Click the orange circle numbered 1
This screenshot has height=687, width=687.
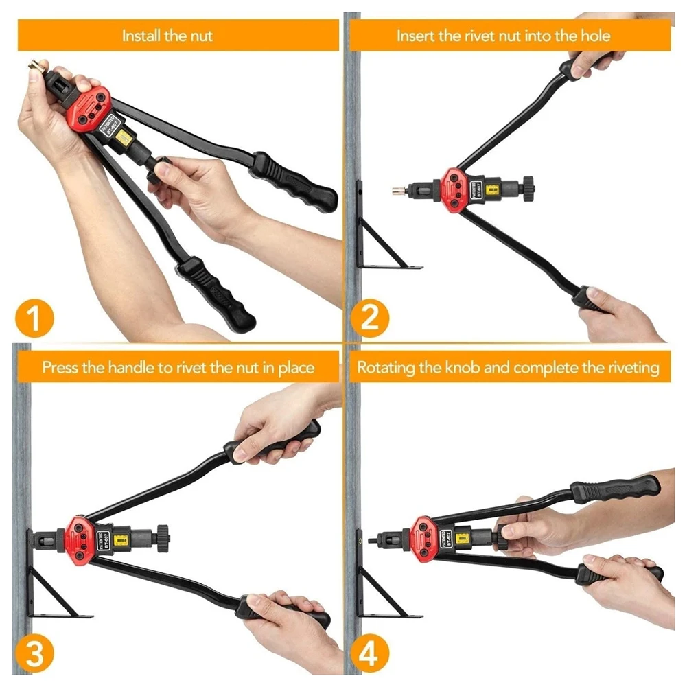pyautogui.click(x=32, y=318)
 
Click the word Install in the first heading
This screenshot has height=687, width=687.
pyautogui.click(x=141, y=36)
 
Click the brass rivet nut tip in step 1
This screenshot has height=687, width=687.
pyautogui.click(x=33, y=66)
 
